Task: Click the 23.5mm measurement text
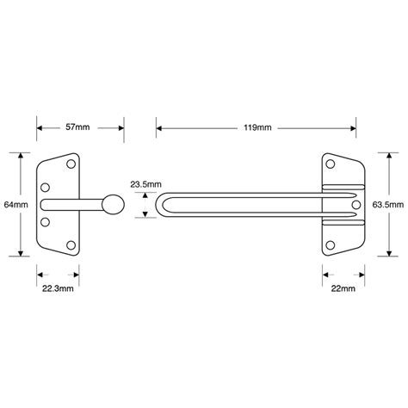click(x=143, y=183)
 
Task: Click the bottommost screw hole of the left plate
click(x=71, y=247)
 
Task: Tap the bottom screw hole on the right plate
click(x=331, y=244)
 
